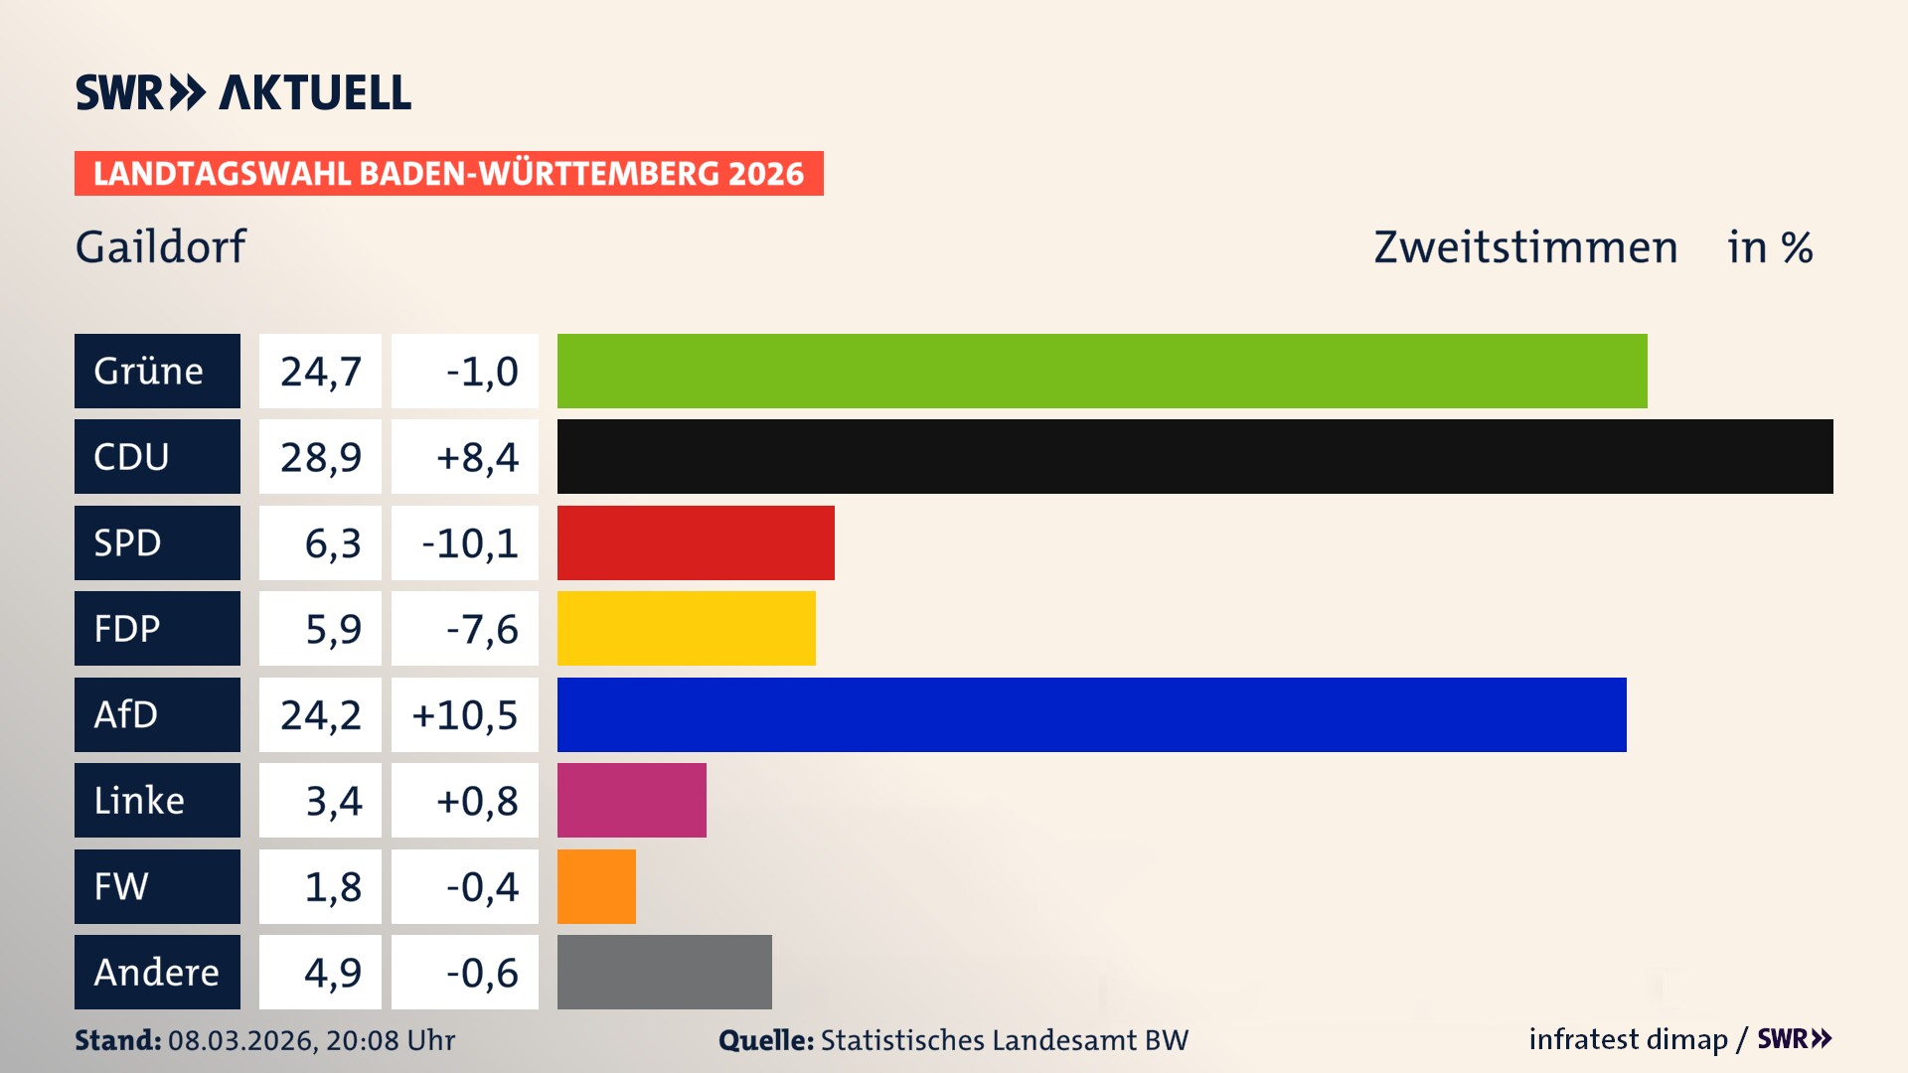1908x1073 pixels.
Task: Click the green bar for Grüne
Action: pos(1101,371)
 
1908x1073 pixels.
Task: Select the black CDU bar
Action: pos(1194,457)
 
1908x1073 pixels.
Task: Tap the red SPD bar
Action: pos(696,542)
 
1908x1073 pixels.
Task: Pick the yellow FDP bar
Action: pos(686,628)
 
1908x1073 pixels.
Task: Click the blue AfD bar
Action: pos(1091,714)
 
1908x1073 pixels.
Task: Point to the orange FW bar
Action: pos(596,886)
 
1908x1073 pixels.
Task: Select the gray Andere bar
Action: pos(664,972)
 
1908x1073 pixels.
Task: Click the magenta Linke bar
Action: pos(631,800)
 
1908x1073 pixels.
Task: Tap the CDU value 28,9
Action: pos(320,457)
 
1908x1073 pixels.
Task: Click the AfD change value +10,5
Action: pos(465,714)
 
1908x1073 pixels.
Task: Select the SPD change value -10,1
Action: pos(469,542)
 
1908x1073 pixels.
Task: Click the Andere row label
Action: pos(157,972)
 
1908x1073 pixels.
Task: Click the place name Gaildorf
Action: pos(160,246)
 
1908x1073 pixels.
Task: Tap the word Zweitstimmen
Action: pos(1525,246)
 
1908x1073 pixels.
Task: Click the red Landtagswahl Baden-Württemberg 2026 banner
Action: pos(448,173)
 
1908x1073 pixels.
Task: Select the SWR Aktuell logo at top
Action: pos(242,92)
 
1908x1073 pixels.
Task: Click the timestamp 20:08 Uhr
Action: pos(390,1040)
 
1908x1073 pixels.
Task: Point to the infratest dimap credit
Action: pos(1628,1039)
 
